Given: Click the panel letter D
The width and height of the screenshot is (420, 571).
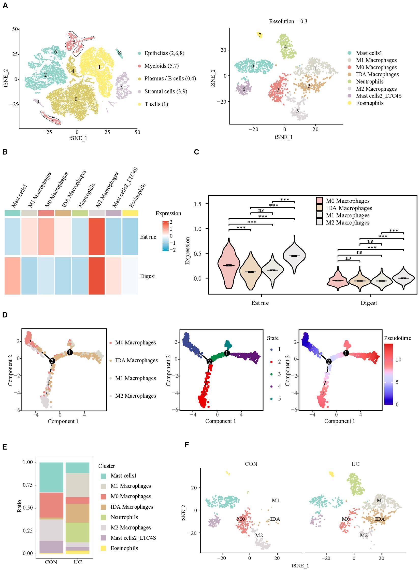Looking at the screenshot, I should point(5,315).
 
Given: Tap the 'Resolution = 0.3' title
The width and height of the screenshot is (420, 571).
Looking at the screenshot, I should point(288,21).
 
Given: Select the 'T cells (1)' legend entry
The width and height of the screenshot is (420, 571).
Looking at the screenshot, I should point(156,104).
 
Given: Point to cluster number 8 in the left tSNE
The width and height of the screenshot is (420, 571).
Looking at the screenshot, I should point(119,53).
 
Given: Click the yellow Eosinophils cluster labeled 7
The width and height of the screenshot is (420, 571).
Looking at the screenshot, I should point(259,35).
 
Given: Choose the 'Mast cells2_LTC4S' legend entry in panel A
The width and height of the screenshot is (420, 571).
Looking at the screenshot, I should point(378,96).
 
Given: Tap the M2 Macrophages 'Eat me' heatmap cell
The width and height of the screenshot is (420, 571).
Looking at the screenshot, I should point(96,236).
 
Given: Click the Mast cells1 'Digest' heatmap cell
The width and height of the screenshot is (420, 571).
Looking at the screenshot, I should point(12,276).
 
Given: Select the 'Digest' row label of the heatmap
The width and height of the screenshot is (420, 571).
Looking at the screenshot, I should point(147,276).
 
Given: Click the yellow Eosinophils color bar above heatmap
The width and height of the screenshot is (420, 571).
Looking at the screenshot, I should point(130,213).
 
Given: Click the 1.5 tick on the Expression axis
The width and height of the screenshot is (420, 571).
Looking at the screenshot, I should point(197,204).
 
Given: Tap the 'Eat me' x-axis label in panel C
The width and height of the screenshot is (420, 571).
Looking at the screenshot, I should point(260,303).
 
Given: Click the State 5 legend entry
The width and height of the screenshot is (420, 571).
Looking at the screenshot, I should point(279,399).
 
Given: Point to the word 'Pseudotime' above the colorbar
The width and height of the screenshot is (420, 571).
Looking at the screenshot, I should point(397,338).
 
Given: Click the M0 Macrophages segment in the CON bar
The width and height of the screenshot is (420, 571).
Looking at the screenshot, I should point(51,505).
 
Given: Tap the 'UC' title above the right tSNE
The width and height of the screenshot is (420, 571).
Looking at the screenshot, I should point(355,464).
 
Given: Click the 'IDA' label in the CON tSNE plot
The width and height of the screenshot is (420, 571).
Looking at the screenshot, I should point(275,519).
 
